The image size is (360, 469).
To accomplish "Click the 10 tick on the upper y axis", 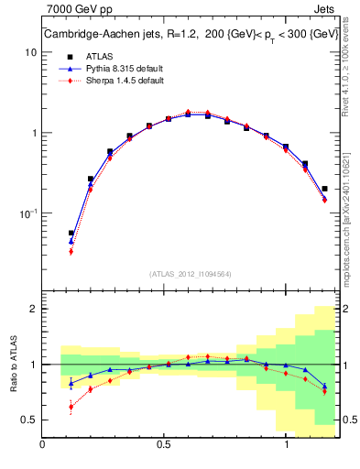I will [31, 52].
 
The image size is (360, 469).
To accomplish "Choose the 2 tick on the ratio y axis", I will [32, 309].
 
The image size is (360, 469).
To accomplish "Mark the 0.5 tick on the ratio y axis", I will [27, 420].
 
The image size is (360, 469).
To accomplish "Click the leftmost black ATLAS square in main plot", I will [71, 234].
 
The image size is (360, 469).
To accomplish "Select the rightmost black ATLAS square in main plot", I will [325, 189].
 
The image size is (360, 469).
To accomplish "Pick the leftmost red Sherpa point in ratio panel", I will [71, 407].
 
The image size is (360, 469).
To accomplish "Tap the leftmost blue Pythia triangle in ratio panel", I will [71, 383].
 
